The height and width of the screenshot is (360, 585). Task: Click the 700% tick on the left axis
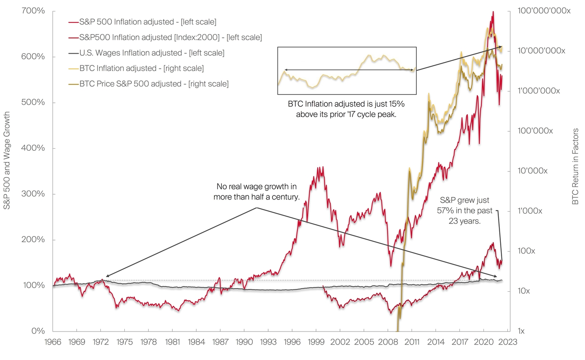33,11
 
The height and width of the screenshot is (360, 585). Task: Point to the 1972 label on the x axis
101,342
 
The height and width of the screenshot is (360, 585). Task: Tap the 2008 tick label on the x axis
388,342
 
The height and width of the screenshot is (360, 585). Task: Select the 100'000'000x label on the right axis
544,11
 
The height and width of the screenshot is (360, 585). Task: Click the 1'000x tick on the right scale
530,211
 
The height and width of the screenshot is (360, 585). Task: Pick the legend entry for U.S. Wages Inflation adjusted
152,53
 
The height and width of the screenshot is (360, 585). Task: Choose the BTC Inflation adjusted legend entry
141,68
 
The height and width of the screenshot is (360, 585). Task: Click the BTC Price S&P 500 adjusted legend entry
154,84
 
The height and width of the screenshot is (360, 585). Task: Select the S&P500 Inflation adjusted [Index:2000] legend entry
170,37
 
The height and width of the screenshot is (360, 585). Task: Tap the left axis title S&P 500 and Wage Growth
7,161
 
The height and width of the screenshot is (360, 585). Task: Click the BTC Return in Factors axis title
575,167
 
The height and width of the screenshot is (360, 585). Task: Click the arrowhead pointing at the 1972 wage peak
106,276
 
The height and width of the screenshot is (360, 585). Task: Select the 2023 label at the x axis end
508,342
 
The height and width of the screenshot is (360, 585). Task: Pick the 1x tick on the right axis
522,331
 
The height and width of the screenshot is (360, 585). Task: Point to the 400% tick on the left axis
33,148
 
